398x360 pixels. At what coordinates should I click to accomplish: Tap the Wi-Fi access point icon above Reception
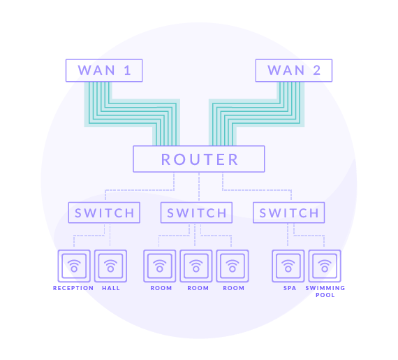[x=74, y=266]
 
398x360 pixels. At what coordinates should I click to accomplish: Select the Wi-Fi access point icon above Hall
[x=110, y=266]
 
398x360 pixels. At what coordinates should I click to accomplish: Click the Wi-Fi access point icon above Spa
[x=288, y=266]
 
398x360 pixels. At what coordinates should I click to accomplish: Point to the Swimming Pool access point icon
[x=325, y=266]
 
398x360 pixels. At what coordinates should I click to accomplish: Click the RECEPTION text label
[x=73, y=288]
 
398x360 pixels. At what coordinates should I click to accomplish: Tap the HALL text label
[x=111, y=288]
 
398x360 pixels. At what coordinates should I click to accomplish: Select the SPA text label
[x=290, y=288]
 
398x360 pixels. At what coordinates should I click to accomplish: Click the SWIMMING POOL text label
[x=325, y=291]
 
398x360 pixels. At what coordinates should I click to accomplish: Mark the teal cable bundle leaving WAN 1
[x=132, y=113]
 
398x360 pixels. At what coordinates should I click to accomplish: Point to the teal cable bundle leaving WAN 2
[x=256, y=113]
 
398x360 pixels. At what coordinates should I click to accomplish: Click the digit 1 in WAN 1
[x=127, y=71]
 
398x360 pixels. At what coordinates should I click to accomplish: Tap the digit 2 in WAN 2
[x=317, y=71]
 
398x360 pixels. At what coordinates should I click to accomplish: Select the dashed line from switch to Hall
[x=110, y=235]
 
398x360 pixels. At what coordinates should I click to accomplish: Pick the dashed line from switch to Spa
[x=288, y=235]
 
